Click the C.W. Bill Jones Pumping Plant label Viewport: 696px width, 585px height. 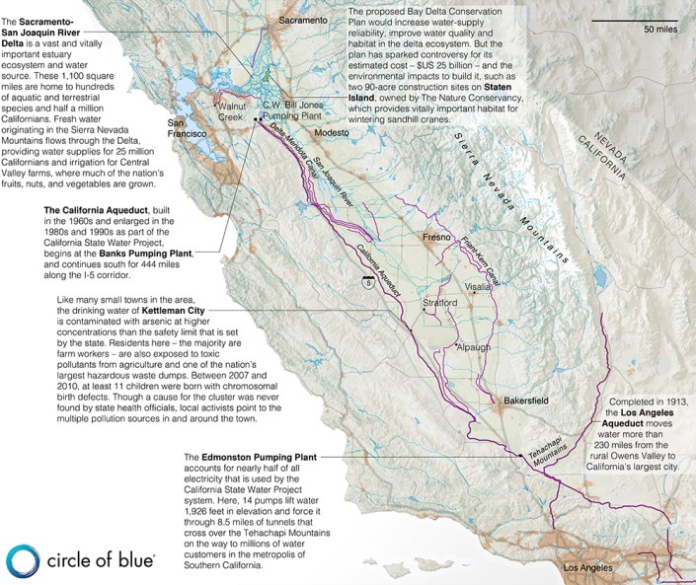click(x=300, y=110)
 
